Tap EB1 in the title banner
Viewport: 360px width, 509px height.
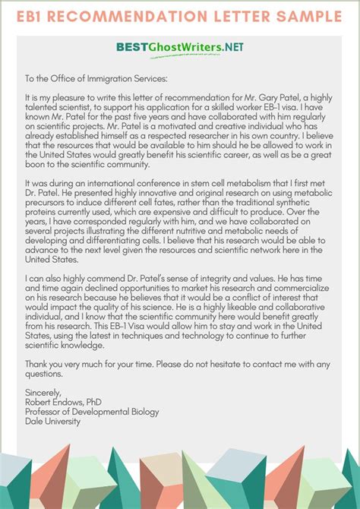pos(36,17)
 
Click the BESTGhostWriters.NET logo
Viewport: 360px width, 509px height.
pos(180,46)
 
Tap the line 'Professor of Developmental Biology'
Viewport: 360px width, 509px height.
pos(92,413)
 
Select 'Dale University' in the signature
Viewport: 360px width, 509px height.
pos(52,422)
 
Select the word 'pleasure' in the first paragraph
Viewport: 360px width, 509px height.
pos(69,98)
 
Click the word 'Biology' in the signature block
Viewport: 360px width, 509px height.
pos(144,413)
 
